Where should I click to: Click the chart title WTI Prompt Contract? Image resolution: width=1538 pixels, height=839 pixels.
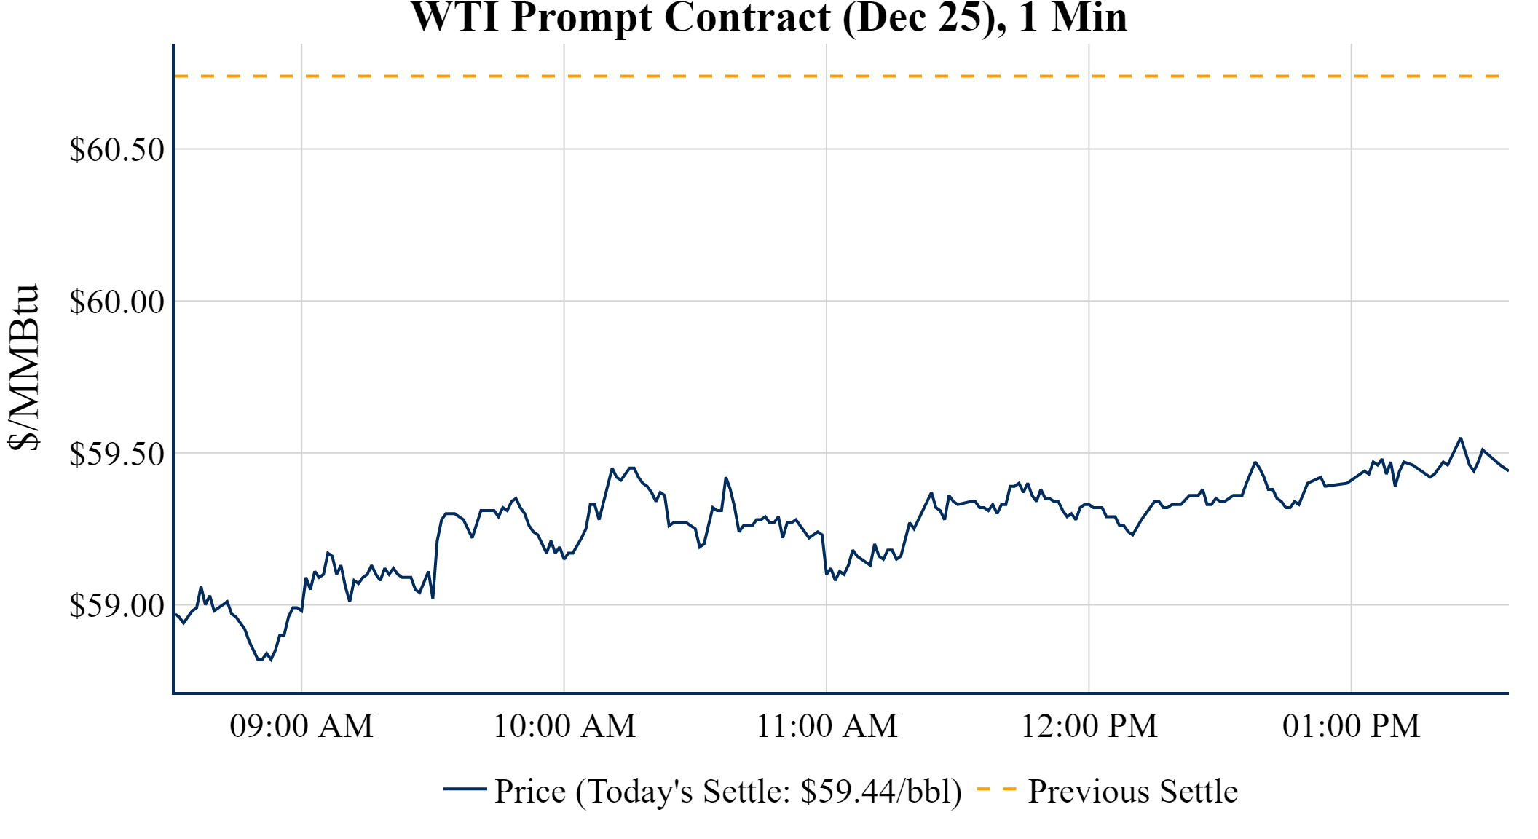pos(768,17)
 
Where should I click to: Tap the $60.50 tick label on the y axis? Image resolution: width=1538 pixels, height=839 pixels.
pos(117,150)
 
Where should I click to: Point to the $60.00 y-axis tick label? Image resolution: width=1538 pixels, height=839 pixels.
pos(117,302)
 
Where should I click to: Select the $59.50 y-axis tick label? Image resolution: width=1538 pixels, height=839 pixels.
pos(117,454)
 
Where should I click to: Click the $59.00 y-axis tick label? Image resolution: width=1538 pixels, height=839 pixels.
pos(117,605)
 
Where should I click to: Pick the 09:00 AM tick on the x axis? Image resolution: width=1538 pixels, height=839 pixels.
pos(301,726)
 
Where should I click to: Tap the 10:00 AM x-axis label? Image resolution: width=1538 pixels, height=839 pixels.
pos(564,726)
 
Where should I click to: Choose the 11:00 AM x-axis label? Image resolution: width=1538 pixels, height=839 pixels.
pos(827,726)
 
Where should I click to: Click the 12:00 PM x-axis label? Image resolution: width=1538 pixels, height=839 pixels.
pos(1089,726)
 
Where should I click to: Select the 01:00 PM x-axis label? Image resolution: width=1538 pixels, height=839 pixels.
pos(1351,726)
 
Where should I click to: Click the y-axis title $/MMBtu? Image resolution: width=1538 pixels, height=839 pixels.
pos(23,368)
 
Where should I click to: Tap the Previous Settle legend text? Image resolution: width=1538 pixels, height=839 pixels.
pos(1132,792)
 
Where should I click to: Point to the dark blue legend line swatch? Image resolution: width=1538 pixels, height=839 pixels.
pos(465,789)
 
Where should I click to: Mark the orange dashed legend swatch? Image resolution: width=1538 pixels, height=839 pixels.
pos(996,789)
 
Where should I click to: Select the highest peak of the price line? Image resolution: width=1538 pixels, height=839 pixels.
pos(1460,438)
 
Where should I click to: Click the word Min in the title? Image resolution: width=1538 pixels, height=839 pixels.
pos(1089,17)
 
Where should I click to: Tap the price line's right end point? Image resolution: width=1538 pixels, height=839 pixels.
pos(1507,470)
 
